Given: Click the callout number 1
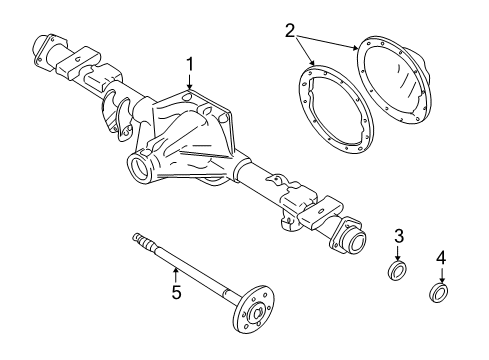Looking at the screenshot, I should point(189,66).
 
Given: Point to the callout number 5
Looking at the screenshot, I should point(176,294).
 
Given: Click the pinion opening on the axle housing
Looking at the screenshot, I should point(138,167).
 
